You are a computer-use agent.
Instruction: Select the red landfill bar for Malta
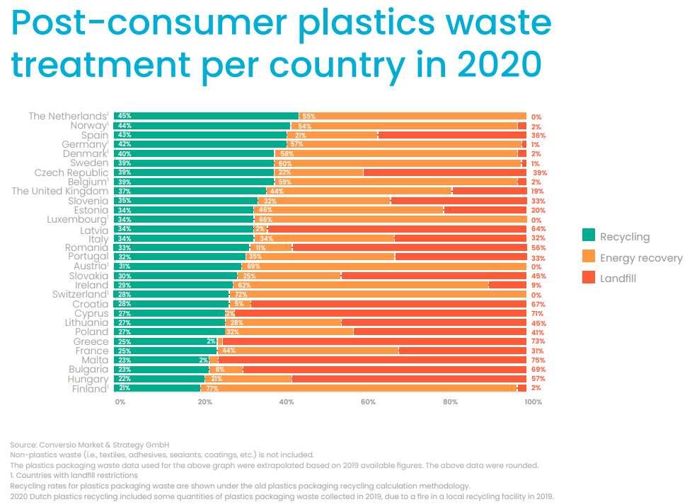coord(371,360)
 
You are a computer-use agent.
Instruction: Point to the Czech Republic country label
coord(71,172)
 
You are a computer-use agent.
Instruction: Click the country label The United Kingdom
coord(60,191)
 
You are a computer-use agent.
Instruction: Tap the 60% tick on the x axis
coord(368,402)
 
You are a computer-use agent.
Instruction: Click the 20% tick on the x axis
coord(204,402)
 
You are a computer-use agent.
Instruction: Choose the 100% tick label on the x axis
coord(533,402)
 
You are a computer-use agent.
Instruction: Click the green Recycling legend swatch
coord(588,237)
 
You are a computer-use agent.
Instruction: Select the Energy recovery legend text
coord(641,258)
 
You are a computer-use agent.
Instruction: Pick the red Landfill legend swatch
coord(588,279)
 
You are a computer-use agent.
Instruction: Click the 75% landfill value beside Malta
coord(538,360)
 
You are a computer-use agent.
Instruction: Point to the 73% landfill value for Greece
coord(538,341)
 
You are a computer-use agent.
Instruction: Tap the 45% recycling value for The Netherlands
coord(125,116)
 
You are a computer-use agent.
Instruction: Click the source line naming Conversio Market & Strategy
coord(90,445)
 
